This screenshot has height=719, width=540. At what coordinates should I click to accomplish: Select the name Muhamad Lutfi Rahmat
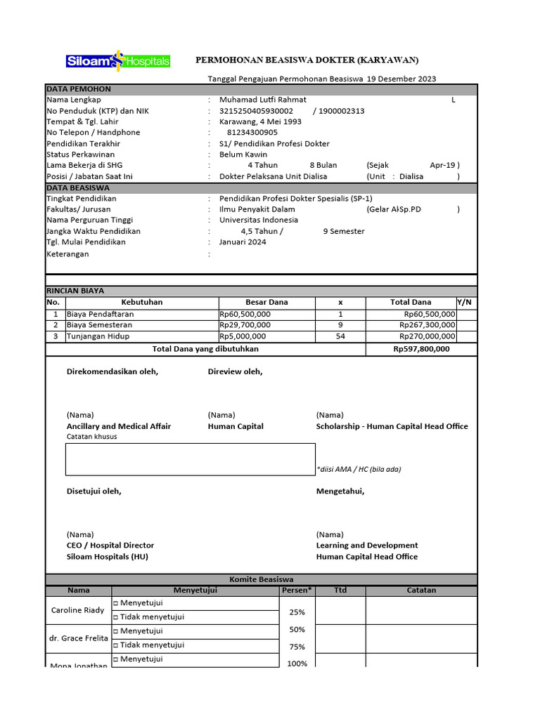[x=262, y=100]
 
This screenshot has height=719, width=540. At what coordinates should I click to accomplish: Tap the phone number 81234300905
[x=252, y=132]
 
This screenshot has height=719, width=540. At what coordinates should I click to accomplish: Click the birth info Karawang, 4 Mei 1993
[x=260, y=121]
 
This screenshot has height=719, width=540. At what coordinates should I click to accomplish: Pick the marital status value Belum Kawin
[x=244, y=154]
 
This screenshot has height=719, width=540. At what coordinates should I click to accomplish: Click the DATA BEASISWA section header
[x=78, y=188]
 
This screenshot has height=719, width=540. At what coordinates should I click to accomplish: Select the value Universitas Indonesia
[x=258, y=220]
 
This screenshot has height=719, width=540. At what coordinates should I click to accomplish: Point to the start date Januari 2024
[x=243, y=242]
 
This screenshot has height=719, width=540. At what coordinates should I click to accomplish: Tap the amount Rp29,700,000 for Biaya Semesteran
[x=244, y=325]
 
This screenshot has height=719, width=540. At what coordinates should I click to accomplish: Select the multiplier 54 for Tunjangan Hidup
[x=340, y=336]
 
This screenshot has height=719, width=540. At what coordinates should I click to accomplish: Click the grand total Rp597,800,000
[x=421, y=349]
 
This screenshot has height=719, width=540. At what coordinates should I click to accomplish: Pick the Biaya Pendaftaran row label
[x=100, y=314]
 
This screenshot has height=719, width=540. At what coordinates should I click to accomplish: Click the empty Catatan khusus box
[x=191, y=459]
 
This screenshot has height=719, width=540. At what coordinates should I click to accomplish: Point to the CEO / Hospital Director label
[x=110, y=546]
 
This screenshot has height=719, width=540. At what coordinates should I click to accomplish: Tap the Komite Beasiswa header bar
[x=261, y=579]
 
